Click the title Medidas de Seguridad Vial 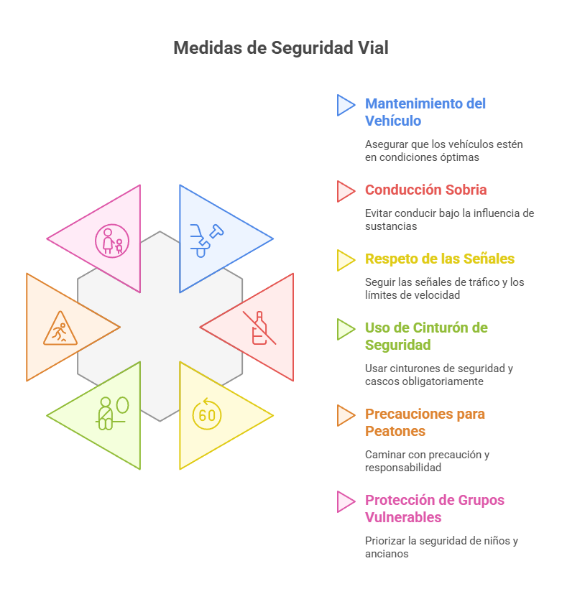281,48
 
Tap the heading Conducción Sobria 425,190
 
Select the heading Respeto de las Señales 440,259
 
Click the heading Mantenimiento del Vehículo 425,112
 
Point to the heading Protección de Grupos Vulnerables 435,509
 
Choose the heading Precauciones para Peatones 425,422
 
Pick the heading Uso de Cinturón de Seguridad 426,336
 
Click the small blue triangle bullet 346,105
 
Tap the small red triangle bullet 346,191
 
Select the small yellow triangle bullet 346,260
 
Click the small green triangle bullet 346,330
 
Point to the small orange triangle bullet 346,415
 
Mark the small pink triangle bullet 346,501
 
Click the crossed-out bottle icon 259,328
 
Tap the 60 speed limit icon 207,414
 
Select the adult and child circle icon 112,241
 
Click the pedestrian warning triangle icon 60,328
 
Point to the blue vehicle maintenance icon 206,241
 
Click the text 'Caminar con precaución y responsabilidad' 428,461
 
